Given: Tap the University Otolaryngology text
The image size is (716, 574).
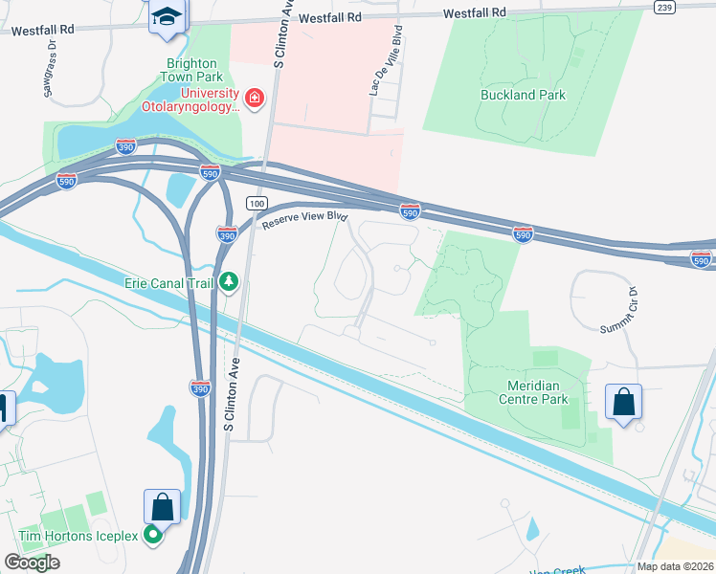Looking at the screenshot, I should [188, 99].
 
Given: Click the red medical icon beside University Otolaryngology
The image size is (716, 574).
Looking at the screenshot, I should [254, 98].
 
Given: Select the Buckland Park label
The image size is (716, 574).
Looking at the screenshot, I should [523, 95].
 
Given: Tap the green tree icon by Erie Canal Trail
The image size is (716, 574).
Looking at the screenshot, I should [229, 282].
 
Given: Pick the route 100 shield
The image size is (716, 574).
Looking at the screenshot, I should [256, 203].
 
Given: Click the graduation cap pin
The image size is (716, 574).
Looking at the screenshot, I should [167, 17].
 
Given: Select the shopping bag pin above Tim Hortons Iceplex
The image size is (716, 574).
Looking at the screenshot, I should [162, 506].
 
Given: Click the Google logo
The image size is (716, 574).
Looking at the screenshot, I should [33, 563].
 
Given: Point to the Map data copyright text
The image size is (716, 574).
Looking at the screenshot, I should [676, 566].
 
